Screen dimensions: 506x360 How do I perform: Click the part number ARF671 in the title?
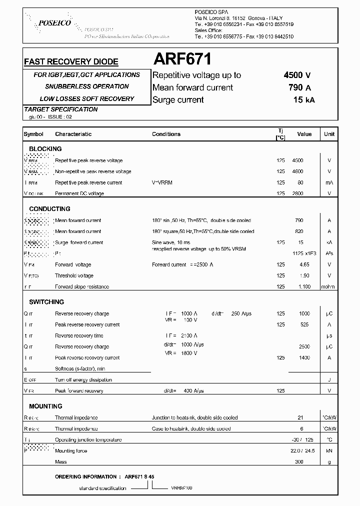[182, 60]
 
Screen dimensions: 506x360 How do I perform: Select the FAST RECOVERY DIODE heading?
[71, 62]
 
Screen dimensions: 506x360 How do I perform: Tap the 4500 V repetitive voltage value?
[297, 75]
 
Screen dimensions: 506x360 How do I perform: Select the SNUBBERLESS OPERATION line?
[86, 86]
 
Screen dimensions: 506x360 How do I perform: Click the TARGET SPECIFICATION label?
[61, 109]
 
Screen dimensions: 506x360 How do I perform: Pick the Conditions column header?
[166, 134]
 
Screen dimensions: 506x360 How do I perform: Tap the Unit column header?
[329, 134]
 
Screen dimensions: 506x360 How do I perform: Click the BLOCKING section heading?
[45, 149]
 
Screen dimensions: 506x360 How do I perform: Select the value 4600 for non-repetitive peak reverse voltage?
[297, 171]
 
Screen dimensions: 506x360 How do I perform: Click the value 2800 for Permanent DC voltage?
[297, 193]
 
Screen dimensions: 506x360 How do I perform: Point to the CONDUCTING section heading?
[49, 209]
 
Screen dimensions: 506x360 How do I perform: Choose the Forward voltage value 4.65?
[304, 264]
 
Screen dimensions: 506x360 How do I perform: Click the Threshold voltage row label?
[74, 275]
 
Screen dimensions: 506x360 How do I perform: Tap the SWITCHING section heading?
[46, 302]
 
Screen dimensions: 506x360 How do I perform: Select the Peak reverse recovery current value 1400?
[304, 357]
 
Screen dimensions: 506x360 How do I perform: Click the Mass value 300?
[298, 462]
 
